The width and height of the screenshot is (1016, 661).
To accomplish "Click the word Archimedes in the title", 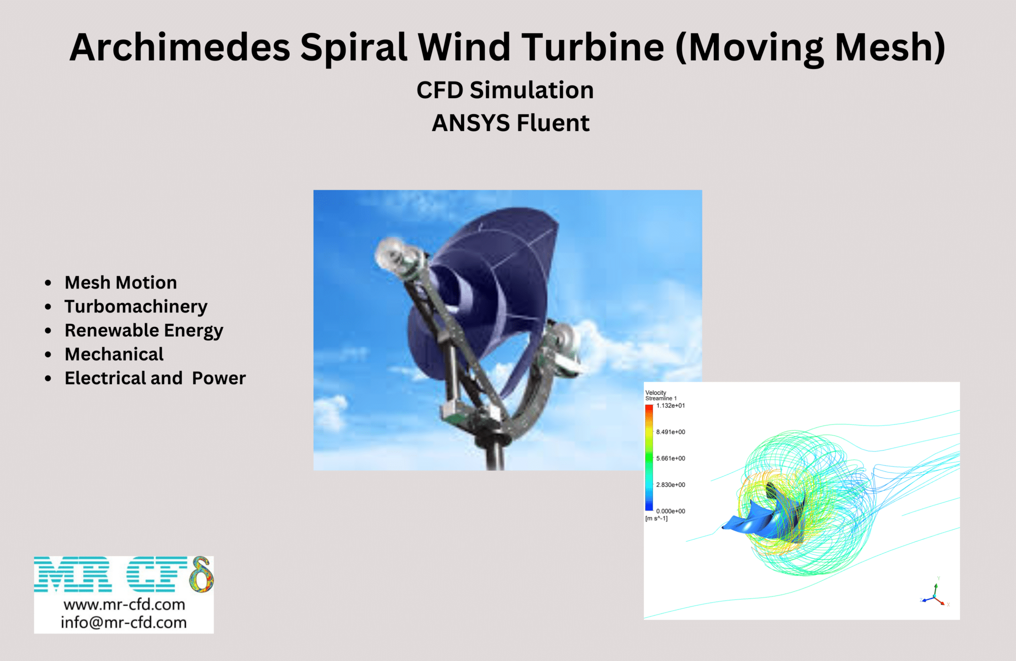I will pyautogui.click(x=180, y=47).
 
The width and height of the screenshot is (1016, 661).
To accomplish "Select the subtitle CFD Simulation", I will pyautogui.click(x=505, y=90).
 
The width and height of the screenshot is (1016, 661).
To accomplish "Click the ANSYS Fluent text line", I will pyautogui.click(x=510, y=123).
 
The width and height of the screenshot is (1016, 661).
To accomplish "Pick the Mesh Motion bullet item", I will pyautogui.click(x=121, y=283).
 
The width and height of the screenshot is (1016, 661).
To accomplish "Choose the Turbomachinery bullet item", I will pyautogui.click(x=136, y=306).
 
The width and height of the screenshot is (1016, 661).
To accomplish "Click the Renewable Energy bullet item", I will pyautogui.click(x=144, y=330).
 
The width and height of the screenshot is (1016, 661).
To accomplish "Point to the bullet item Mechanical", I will pyautogui.click(x=114, y=354).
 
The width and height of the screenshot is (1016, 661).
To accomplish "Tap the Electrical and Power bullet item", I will pyautogui.click(x=155, y=378).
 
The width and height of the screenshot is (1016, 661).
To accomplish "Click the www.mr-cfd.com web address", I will pyautogui.click(x=124, y=604).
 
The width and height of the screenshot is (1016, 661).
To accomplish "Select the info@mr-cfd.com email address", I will pyautogui.click(x=124, y=622).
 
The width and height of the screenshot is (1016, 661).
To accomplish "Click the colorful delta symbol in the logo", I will pyautogui.click(x=201, y=575).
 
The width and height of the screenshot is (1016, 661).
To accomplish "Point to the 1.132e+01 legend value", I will pyautogui.click(x=670, y=406).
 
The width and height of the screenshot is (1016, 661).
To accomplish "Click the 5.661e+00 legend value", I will pyautogui.click(x=670, y=458).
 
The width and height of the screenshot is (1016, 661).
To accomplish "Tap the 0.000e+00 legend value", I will pyautogui.click(x=670, y=511).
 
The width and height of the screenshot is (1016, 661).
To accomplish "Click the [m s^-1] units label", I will pyautogui.click(x=656, y=518).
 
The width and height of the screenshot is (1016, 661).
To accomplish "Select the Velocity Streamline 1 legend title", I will pyautogui.click(x=660, y=395).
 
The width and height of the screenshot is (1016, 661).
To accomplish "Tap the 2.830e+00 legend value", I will pyautogui.click(x=670, y=485).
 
